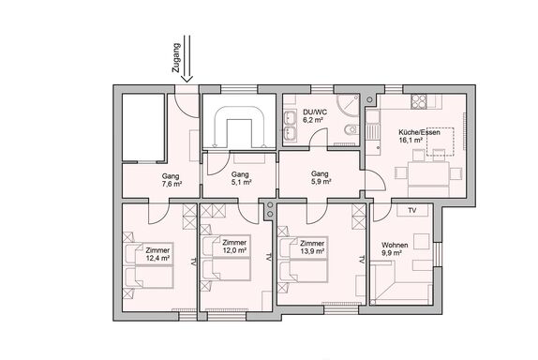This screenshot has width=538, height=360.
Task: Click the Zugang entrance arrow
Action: coord(187,59)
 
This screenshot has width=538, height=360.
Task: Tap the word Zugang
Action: coord(176,57)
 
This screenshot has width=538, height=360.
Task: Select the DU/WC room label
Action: coord(315,112)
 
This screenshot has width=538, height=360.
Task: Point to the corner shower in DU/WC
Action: coord(347,105)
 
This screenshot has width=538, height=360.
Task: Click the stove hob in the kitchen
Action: coord(419,101)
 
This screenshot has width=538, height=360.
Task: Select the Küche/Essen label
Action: coord(419,132)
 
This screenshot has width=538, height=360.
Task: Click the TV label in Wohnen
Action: coord(412,210)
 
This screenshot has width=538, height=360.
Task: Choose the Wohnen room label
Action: coord(395,245)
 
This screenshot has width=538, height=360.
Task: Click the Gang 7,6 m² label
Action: coord(172,180)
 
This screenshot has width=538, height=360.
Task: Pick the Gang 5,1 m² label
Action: coord(241,178)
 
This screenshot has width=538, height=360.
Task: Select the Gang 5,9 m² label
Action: coord(321,178)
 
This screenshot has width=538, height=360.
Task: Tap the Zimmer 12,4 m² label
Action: coord(157,254)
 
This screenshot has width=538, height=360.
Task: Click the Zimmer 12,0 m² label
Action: coord(234,247)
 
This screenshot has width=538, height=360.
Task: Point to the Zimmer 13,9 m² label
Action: coord(312,247)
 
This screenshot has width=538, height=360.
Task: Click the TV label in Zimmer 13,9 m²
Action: coord(361,260)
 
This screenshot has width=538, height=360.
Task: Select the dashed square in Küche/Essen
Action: coord(441,142)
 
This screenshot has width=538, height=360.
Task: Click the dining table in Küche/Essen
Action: coord(428,172)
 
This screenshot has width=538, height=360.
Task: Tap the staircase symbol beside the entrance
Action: coord(239,127)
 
